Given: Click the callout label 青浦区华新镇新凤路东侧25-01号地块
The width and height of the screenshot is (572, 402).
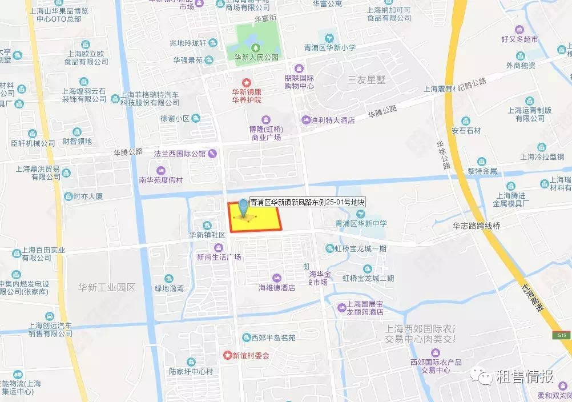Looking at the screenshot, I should [307, 202].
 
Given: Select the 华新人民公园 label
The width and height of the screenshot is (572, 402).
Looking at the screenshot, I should [256, 58].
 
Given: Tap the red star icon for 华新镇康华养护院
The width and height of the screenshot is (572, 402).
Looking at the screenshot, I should [247, 83].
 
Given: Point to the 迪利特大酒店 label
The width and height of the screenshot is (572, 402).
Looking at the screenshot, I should [332, 120].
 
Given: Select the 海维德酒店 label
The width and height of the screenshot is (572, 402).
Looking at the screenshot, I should [277, 288].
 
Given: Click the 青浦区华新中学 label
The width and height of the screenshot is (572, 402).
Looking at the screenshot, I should [361, 223].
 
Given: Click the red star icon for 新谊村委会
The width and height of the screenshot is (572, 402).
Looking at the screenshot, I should [228, 355].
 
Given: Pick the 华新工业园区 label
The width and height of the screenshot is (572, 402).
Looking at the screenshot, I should [107, 287].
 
